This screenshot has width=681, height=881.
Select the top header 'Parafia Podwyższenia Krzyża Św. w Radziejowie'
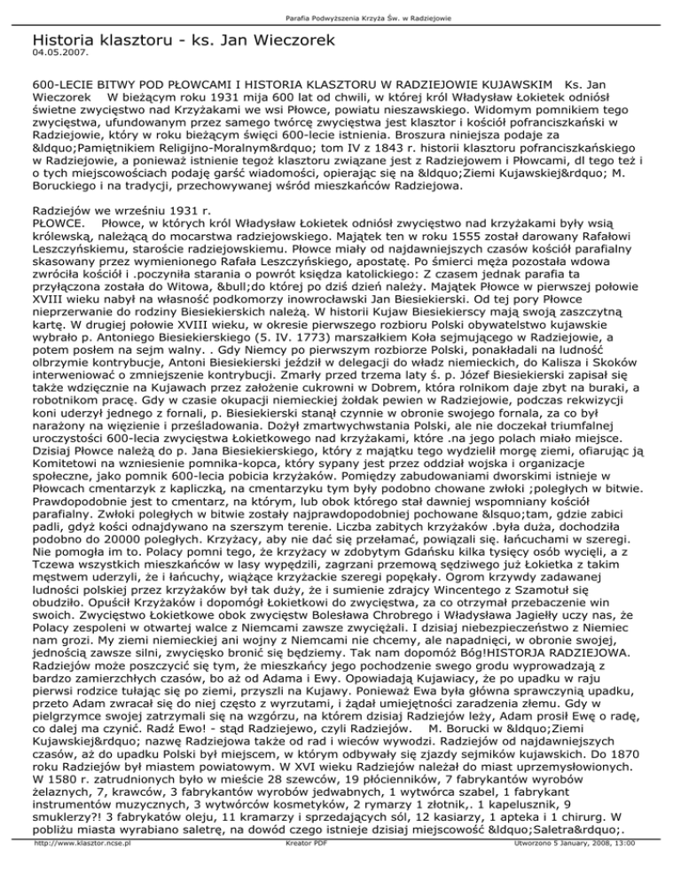[x=340, y=9]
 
